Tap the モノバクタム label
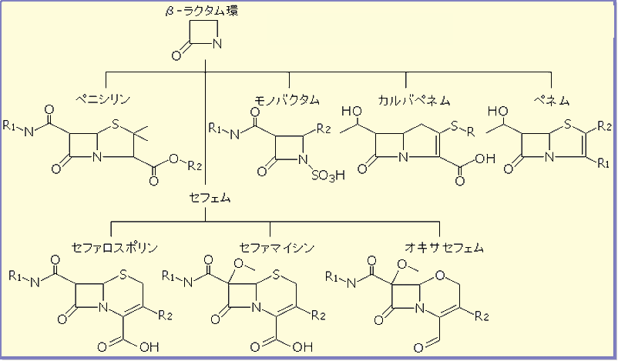290,99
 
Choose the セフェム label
206,198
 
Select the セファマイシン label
270,248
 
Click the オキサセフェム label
444,248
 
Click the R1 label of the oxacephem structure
334,275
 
